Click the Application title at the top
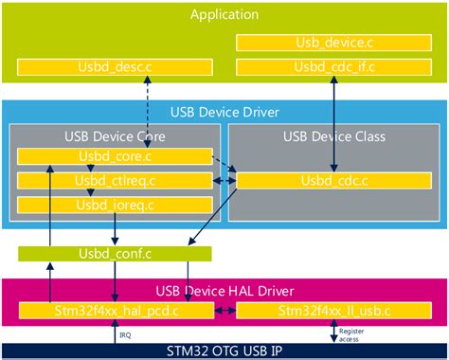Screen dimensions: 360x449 coord(224,13)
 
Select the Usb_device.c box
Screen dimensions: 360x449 coord(334,43)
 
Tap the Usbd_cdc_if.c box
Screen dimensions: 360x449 coord(334,67)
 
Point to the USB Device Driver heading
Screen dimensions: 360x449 coord(224,112)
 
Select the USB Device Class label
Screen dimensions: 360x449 coord(334,136)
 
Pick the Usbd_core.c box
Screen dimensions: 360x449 coord(114,156)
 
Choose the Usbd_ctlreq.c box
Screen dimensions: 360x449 coord(114,180)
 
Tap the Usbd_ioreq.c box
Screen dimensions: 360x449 coord(114,204)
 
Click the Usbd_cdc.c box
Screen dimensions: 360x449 coord(334,180)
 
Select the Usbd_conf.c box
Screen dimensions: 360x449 coord(114,253)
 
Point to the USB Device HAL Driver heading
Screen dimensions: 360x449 coord(224,289)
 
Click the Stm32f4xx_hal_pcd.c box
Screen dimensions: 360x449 coord(114,310)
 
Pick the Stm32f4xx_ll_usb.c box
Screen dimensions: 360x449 coord(334,310)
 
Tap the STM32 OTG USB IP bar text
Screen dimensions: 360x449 coord(224,349)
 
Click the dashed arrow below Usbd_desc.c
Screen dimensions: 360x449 coord(147,112)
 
